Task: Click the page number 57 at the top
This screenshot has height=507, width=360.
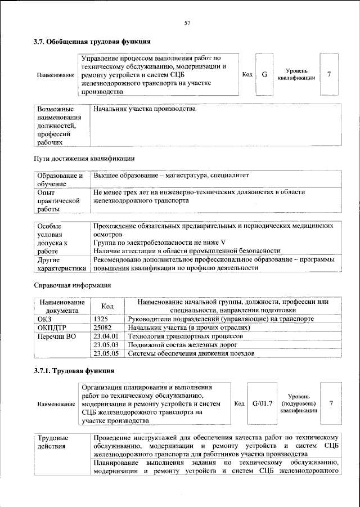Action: point(188,23)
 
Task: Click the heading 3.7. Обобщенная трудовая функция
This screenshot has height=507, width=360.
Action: point(91,42)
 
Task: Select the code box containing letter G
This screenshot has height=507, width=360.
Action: point(264,75)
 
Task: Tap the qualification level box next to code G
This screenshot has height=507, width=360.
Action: point(329,75)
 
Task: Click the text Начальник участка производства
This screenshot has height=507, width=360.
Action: point(145,109)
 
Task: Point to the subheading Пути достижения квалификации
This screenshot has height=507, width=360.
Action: point(84,158)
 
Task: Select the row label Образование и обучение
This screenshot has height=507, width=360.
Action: point(60,180)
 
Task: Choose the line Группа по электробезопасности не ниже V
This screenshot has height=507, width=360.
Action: point(160,243)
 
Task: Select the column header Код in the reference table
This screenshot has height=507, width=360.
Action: point(107,306)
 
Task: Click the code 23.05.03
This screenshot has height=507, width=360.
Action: point(106,345)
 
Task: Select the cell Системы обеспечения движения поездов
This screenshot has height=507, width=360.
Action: point(191,353)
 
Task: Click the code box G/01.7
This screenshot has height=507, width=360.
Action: point(262,403)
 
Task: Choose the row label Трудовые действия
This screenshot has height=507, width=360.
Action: point(53,442)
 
